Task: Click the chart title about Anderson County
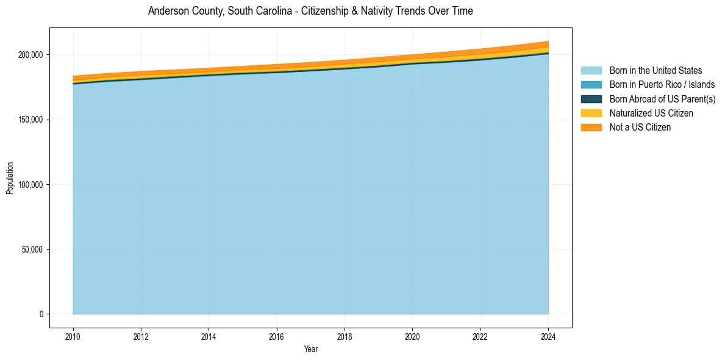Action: tap(310, 11)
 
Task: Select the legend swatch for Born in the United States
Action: tap(591, 71)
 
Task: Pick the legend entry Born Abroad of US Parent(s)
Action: tap(662, 99)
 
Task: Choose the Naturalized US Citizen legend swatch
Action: tap(591, 113)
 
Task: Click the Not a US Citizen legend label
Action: tap(640, 127)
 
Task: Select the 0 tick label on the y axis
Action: tap(41, 314)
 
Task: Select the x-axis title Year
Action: tap(310, 349)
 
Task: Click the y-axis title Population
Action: tap(10, 178)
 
